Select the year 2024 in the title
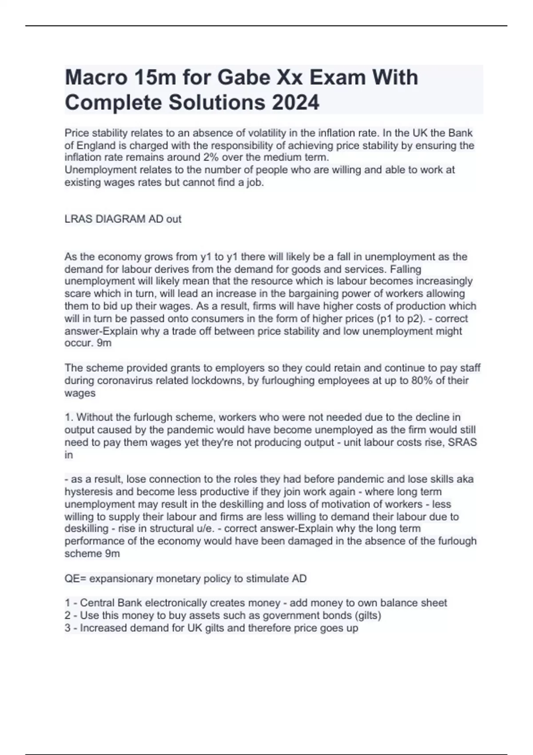point(295,103)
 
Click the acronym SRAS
point(462,442)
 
